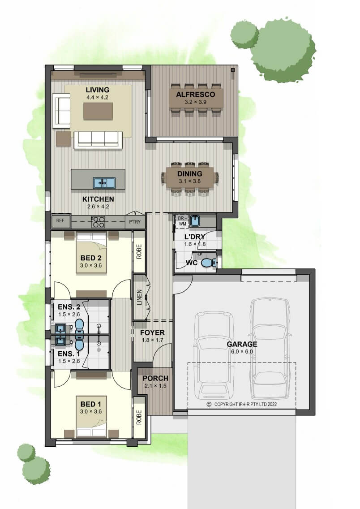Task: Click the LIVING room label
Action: point(97,90)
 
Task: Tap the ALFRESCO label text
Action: point(196,95)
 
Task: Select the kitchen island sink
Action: point(104,183)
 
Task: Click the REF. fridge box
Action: point(60,221)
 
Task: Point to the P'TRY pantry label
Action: point(135,222)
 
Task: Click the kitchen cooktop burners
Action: point(98,222)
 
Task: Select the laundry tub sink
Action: point(195,221)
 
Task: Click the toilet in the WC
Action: point(209,262)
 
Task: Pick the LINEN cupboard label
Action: point(139,297)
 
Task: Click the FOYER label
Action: point(152,333)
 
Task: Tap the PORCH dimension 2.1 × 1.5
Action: point(155,386)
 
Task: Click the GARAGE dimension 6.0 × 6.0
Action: point(242,352)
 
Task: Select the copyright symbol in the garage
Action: point(209,405)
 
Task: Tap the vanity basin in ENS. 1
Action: point(60,340)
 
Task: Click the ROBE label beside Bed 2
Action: point(139,252)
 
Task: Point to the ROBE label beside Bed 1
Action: point(139,417)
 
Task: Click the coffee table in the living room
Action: point(98,111)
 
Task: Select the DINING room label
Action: point(190,174)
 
